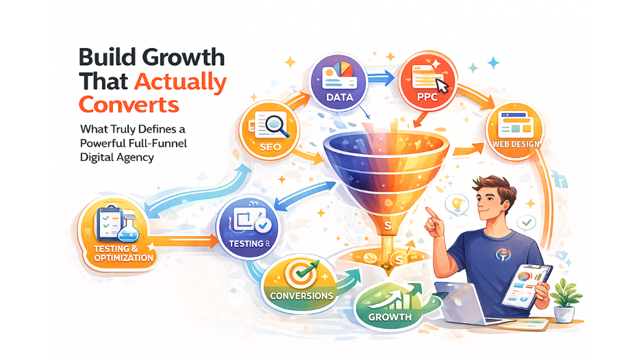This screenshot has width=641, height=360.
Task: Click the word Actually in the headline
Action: tap(180, 81)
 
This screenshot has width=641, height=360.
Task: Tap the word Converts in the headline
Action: tap(129, 105)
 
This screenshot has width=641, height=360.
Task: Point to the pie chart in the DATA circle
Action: tap(343, 73)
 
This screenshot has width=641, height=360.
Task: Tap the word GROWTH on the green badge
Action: tap(389, 317)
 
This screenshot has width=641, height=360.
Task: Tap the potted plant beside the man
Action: tap(564, 299)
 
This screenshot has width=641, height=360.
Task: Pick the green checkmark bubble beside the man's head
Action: tap(526, 222)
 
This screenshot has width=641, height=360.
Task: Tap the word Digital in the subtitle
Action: tap(97, 157)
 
